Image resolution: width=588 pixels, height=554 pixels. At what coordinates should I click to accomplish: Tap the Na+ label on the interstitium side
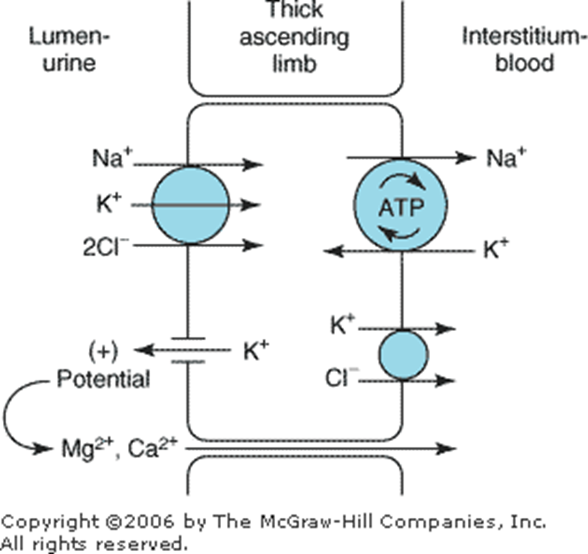pyautogui.click(x=505, y=158)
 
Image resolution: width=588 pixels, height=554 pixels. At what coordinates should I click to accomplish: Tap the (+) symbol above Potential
pyautogui.click(x=105, y=351)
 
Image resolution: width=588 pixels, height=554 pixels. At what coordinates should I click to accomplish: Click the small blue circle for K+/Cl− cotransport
pyautogui.click(x=402, y=354)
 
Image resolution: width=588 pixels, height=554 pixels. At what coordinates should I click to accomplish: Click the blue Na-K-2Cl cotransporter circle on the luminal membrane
pyautogui.click(x=191, y=205)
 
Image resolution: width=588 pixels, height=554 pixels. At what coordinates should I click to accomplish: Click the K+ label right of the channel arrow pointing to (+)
pyautogui.click(x=256, y=351)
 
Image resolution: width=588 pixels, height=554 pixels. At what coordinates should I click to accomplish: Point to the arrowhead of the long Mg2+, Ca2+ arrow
pyautogui.click(x=448, y=448)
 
